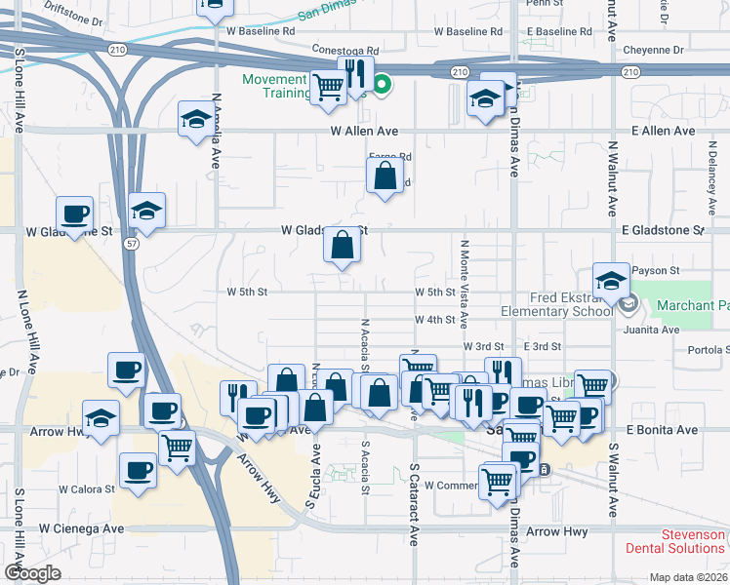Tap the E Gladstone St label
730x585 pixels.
tap(662, 230)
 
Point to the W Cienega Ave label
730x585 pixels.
tap(82, 527)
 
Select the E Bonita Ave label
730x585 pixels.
tap(663, 429)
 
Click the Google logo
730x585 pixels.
tap(32, 573)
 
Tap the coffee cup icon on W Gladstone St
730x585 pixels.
tap(74, 214)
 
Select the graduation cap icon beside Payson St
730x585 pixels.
tap(611, 280)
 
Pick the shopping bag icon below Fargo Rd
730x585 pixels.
tap(385, 176)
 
